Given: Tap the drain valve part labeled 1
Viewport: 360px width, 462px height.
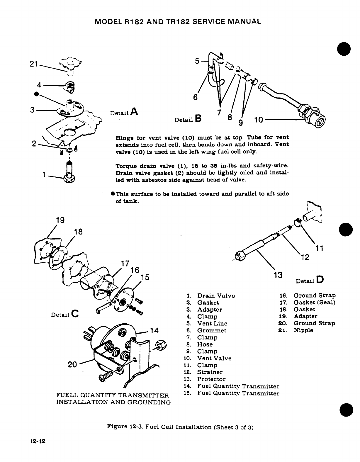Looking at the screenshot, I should pos(69,174).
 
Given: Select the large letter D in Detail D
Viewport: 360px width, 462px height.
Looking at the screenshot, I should pos(320,280).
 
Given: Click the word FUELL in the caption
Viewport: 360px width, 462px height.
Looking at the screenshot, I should pos(66,395).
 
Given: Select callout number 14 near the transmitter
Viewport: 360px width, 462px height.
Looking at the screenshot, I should pos(154,331).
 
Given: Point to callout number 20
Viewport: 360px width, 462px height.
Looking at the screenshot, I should pos(72,364).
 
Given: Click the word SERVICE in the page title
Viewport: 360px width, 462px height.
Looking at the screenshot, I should pos(207,21).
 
